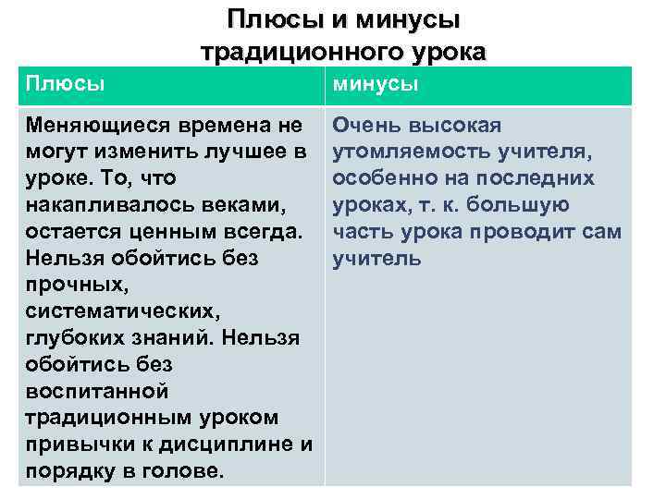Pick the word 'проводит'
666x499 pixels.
(x=520, y=231)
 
